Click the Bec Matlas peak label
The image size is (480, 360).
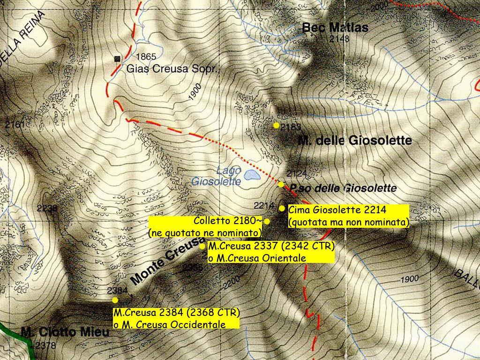(x=335, y=27)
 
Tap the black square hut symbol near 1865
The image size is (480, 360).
(x=117, y=59)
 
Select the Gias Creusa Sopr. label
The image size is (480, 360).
(x=173, y=69)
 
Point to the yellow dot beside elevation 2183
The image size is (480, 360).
(x=276, y=125)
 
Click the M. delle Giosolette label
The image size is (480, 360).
(x=355, y=140)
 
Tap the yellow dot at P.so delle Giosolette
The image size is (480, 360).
(x=281, y=184)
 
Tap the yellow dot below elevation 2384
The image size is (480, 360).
(x=115, y=300)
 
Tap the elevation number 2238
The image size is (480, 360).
(x=46, y=208)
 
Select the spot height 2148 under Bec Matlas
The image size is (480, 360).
(x=339, y=39)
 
